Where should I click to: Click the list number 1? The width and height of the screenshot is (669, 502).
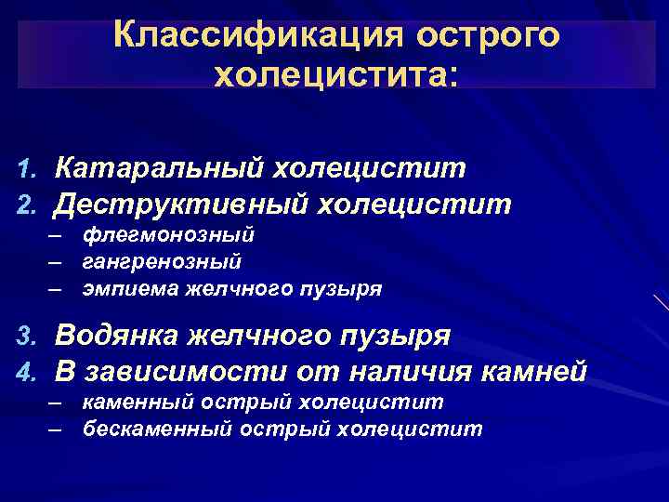pos(25,169)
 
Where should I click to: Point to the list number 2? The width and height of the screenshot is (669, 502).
pos(25,204)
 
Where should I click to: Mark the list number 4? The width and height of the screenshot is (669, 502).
pos(25,372)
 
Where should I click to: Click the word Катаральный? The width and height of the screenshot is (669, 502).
pos(159,168)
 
